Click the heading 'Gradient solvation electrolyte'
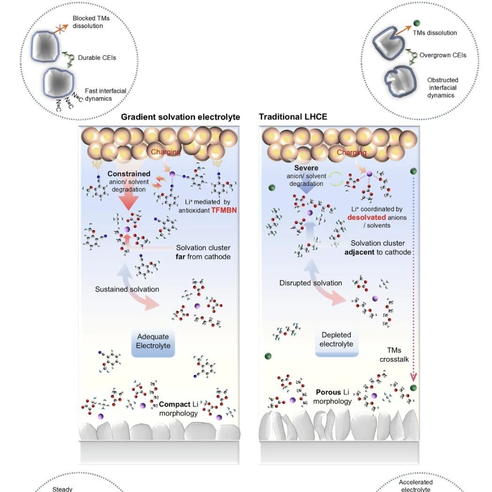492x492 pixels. coord(180,117)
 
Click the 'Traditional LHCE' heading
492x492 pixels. coord(293,117)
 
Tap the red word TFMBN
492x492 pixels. coord(224,210)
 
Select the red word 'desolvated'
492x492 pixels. coord(367,218)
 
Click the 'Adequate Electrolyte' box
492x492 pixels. coord(153,343)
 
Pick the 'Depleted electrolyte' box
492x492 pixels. coord(336,342)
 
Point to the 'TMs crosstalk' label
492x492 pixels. coord(394,355)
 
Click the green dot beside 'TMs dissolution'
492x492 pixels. coord(417,23)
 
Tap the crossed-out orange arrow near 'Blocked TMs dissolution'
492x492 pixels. coord(61,29)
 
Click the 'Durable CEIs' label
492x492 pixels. coord(97,58)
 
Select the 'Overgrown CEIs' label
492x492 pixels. coord(443,55)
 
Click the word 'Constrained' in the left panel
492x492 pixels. coord(129,174)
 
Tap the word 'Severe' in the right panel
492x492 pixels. coord(306,168)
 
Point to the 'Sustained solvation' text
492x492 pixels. coord(127,289)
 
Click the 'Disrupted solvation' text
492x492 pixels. coord(311,283)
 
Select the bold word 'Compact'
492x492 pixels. coord(174,404)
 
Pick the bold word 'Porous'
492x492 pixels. coord(328,392)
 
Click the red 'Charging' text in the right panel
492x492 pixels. coord(351,153)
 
